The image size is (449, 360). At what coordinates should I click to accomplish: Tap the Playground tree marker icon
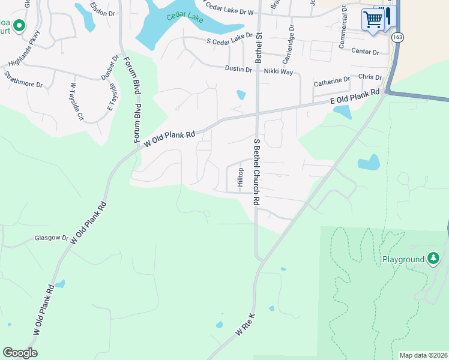(434, 259)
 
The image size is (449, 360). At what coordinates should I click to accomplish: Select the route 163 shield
(397, 37)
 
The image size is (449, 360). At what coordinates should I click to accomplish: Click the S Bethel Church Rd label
(256, 172)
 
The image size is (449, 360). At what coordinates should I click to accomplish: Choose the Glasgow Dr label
(52, 238)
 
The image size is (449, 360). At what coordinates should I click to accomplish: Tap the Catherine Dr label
(331, 79)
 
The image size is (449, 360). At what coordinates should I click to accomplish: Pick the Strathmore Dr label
(23, 80)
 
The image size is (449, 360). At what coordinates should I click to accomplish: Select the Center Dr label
(366, 52)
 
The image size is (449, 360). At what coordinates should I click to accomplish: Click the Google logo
(20, 353)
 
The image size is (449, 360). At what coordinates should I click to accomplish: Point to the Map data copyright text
(423, 355)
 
